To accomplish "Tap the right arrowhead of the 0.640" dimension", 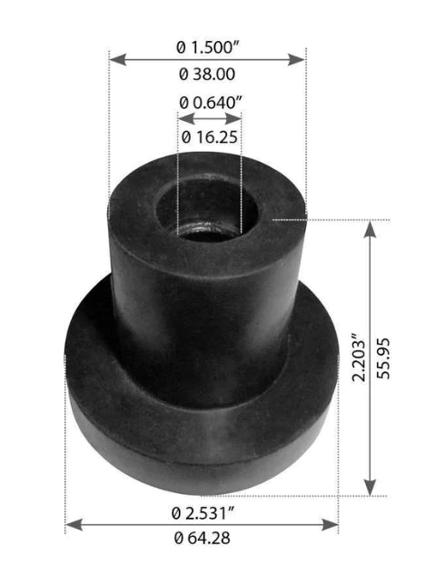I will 238,119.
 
